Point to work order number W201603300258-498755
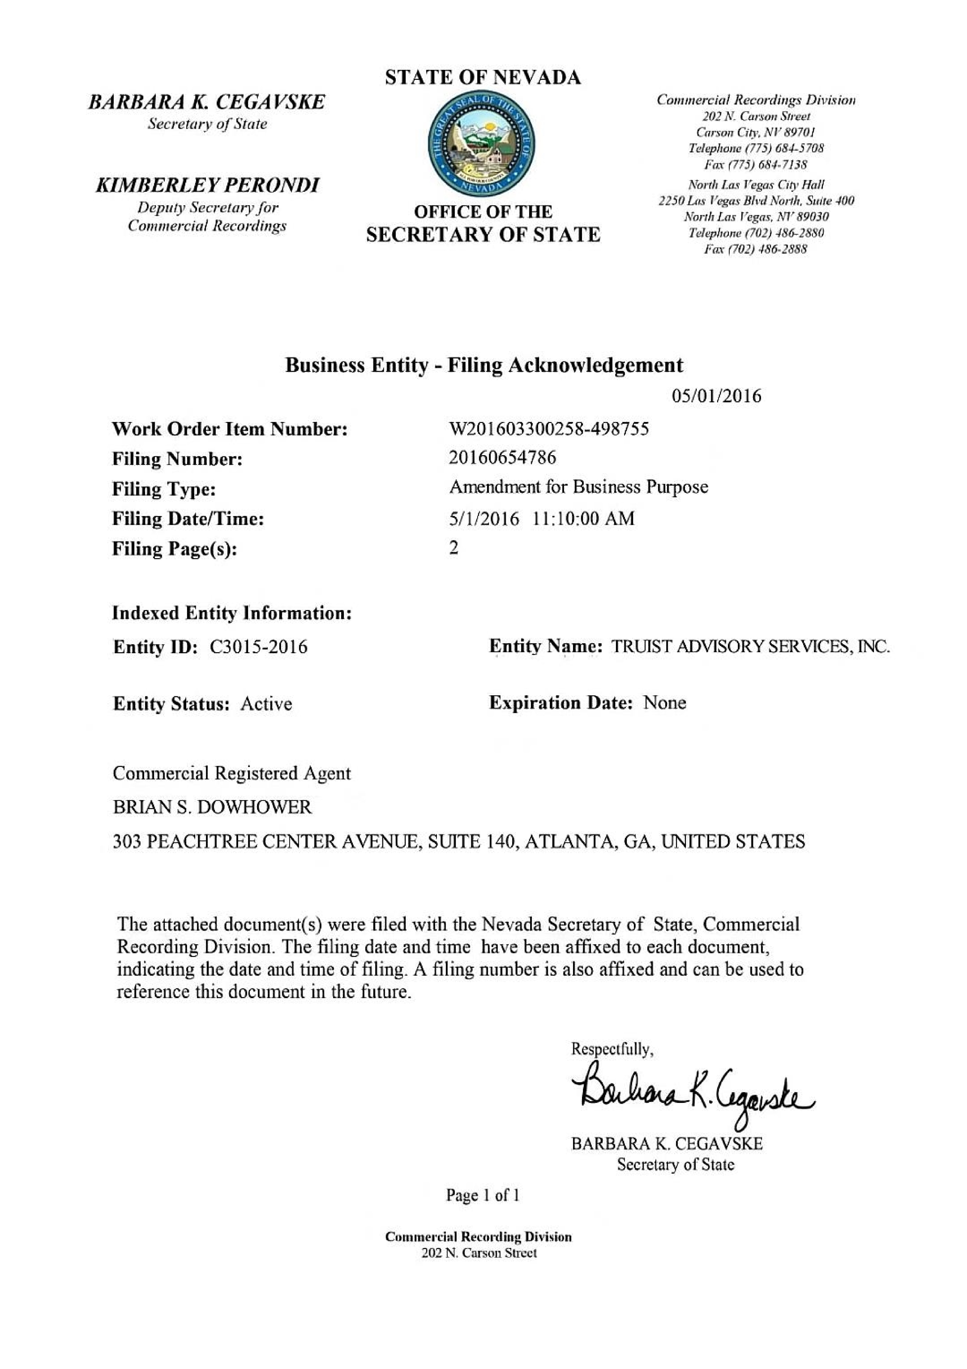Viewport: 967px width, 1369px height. (549, 429)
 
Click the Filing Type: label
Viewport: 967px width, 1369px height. (164, 489)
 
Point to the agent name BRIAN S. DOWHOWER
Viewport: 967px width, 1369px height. (212, 807)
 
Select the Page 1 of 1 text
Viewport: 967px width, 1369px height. (483, 1196)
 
